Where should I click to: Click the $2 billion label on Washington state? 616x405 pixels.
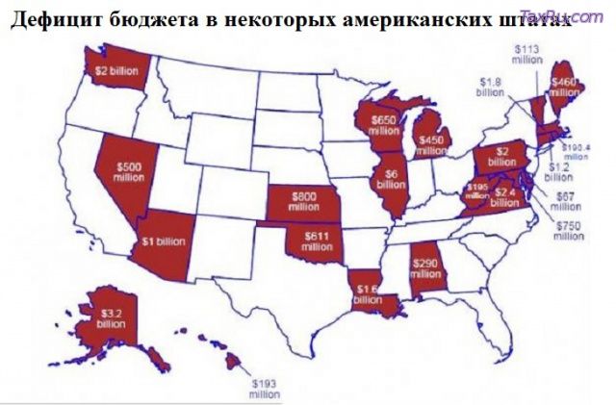tap(115, 70)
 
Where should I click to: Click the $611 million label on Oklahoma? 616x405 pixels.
tap(317, 241)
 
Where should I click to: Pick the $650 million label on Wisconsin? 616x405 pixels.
tap(383, 126)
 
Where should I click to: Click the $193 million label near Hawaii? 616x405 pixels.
tap(263, 389)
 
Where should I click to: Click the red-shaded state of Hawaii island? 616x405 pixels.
tap(233, 362)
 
